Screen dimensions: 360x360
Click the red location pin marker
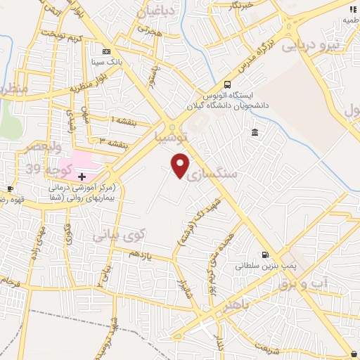click(x=181, y=165)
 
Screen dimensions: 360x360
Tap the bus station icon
click(x=227, y=84)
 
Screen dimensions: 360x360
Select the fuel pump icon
click(x=264, y=255)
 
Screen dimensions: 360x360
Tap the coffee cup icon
click(x=11, y=189)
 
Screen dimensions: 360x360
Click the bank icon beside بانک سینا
click(x=106, y=51)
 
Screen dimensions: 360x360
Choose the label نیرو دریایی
click(x=310, y=46)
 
